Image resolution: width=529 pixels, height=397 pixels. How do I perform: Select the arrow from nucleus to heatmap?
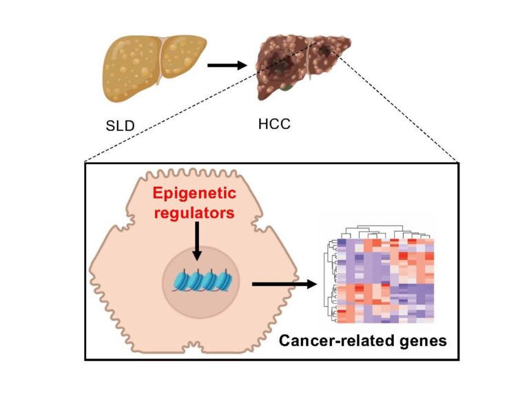click(x=282, y=283)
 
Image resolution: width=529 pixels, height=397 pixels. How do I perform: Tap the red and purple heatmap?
click(x=386, y=283)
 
